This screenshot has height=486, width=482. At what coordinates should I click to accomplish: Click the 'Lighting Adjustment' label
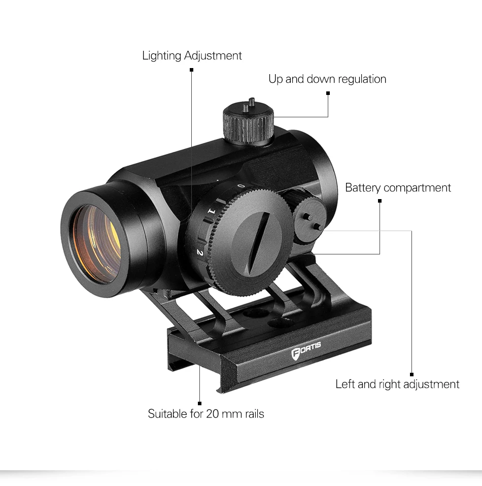tap(192, 55)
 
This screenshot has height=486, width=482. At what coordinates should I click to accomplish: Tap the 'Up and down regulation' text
tap(327, 79)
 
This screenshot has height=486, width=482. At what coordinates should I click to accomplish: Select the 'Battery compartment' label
tap(398, 188)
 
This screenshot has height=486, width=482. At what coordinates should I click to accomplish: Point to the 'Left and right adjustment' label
tap(397, 384)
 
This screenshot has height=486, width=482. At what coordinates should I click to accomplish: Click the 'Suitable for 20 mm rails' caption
tap(205, 414)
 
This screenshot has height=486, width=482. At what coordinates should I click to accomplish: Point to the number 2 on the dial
tap(200, 251)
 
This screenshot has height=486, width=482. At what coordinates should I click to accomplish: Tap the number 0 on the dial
tap(242, 186)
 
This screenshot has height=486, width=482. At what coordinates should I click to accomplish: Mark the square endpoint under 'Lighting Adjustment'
tap(191, 70)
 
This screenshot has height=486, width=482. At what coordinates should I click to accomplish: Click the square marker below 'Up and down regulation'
tap(328, 93)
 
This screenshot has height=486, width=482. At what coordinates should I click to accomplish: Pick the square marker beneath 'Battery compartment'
tap(380, 201)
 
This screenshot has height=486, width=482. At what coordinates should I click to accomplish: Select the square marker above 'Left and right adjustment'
tap(411, 375)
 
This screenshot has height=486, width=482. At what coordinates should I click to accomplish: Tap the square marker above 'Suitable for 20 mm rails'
tap(200, 404)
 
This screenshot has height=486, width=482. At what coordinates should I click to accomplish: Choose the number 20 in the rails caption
tap(212, 414)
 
